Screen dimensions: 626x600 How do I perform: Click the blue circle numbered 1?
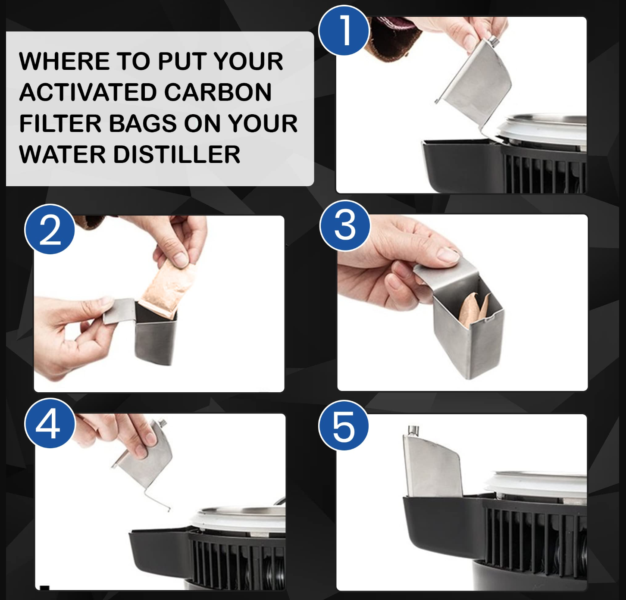point(344,31)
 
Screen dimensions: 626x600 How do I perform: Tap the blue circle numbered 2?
point(50,229)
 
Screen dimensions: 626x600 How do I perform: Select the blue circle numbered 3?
point(345,225)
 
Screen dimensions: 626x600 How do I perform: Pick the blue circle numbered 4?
point(50,423)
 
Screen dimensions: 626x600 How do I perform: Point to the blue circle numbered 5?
point(344,425)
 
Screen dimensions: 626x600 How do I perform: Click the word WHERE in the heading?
point(64,61)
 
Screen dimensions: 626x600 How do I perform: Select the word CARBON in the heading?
point(218,92)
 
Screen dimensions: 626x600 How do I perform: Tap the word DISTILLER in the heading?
point(177,155)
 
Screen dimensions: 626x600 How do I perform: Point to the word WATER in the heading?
point(63,155)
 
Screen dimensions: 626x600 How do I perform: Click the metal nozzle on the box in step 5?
point(413,430)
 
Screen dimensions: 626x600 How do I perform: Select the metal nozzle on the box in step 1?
point(493,41)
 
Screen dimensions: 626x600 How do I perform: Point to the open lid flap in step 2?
point(119,311)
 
